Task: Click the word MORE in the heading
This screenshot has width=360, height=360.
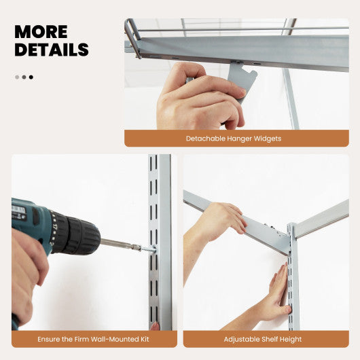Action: tap(41, 32)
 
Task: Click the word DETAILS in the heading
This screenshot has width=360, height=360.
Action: tap(52, 50)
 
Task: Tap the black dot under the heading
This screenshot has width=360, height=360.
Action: tap(31, 77)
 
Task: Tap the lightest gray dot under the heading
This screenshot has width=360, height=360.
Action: tap(17, 77)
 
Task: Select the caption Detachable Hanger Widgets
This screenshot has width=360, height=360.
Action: tap(233, 139)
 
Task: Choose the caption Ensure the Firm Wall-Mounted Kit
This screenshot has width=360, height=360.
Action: tap(94, 339)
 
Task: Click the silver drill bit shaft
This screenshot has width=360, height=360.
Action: tap(117, 243)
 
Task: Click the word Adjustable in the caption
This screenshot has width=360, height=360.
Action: tap(243, 339)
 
